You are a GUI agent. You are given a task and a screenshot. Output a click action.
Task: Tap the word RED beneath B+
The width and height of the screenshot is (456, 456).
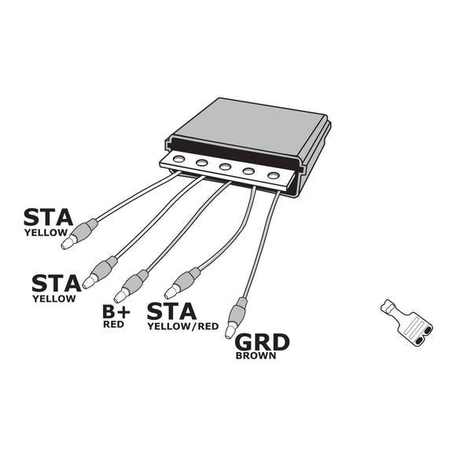pyautogui.click(x=114, y=324)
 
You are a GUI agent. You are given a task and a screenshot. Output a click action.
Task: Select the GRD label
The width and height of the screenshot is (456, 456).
pyautogui.click(x=263, y=343)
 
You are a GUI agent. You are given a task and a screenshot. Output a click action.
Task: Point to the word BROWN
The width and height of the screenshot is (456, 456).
pyautogui.click(x=255, y=355)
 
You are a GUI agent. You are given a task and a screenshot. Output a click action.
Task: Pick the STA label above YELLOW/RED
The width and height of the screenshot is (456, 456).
pyautogui.click(x=172, y=311)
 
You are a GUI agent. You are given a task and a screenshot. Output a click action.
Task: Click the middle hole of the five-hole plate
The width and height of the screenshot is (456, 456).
pyautogui.click(x=226, y=167)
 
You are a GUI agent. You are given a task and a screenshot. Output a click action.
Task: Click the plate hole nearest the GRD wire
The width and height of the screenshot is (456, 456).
pyautogui.click(x=273, y=175)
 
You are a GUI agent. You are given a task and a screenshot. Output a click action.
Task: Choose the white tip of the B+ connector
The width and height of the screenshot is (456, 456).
pyautogui.click(x=120, y=296)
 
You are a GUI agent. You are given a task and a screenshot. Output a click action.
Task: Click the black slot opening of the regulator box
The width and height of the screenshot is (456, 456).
pyautogui.click(x=236, y=147)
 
